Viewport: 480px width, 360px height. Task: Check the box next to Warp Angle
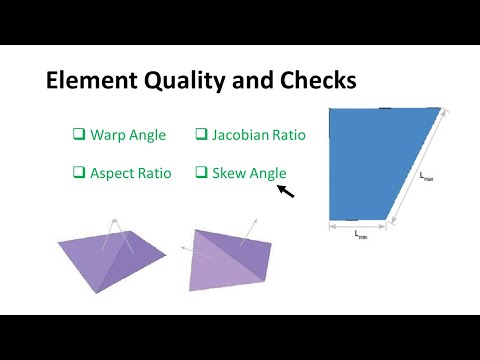pos(78,134)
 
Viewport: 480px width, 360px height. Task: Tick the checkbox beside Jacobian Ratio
pos(201,134)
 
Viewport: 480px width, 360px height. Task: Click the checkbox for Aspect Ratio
pos(78,173)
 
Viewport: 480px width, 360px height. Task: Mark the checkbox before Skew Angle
pos(201,173)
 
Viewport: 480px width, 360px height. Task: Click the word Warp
pos(107,134)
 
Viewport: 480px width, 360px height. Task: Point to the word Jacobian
pos(241,134)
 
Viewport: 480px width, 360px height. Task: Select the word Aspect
pos(112,173)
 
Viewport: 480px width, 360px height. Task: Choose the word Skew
pos(228,173)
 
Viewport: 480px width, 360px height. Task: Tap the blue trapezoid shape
pos(375,160)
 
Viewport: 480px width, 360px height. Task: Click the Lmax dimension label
pos(427,176)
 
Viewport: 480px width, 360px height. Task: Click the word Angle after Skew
pos(267,173)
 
